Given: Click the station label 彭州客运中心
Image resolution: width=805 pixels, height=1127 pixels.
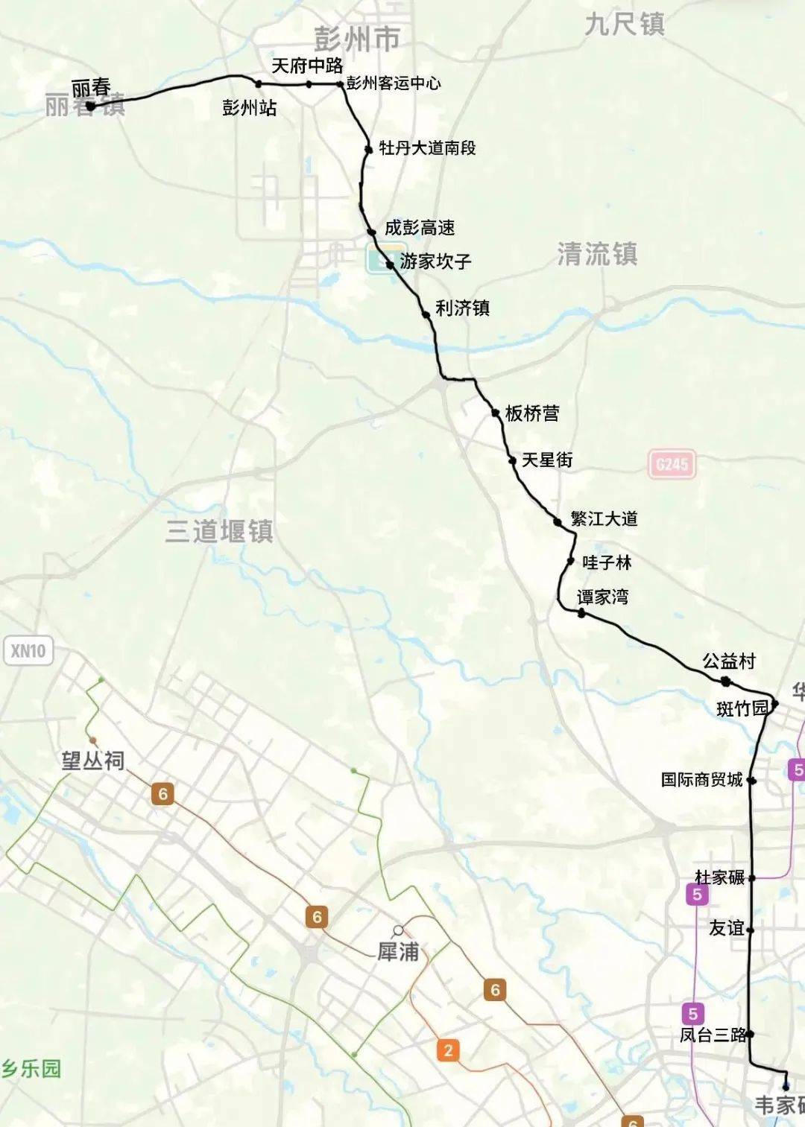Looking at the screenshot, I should pyautogui.click(x=394, y=83).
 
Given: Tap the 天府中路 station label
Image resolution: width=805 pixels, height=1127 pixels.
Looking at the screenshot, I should pyautogui.click(x=307, y=66).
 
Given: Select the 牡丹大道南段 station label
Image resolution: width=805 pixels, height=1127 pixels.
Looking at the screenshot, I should pyautogui.click(x=427, y=148).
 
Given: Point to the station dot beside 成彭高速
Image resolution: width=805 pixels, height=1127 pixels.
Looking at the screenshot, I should pyautogui.click(x=371, y=232).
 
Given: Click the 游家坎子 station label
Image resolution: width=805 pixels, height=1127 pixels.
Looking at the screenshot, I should pyautogui.click(x=435, y=261).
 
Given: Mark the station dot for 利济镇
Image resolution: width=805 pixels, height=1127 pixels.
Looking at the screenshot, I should pyautogui.click(x=426, y=314).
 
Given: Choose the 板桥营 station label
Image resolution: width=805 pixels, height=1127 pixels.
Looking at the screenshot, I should pyautogui.click(x=532, y=413).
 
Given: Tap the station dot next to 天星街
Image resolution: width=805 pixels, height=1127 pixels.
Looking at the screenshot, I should pyautogui.click(x=512, y=461).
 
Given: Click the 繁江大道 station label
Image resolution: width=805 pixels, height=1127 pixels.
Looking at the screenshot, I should pyautogui.click(x=604, y=519).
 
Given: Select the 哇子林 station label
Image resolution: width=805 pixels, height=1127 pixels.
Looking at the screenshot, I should pyautogui.click(x=607, y=562).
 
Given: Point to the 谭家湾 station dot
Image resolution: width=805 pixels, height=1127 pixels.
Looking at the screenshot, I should pyautogui.click(x=581, y=612).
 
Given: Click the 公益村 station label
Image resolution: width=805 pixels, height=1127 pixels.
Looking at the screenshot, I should pyautogui.click(x=728, y=661).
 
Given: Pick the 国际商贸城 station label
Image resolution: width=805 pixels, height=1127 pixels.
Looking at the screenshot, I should pyautogui.click(x=701, y=780).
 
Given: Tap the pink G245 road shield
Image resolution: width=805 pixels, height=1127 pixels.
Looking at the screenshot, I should pyautogui.click(x=672, y=465).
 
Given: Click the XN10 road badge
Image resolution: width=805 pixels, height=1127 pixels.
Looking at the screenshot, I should pyautogui.click(x=28, y=651).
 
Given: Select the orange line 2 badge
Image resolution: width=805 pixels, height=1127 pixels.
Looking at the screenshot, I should pyautogui.click(x=448, y=1050).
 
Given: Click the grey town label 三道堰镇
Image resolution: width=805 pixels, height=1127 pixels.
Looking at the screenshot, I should pyautogui.click(x=219, y=531).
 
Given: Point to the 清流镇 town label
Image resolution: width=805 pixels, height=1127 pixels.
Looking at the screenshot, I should pyautogui.click(x=597, y=255).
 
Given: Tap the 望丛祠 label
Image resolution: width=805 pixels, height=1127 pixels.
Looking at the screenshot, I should pyautogui.click(x=92, y=761).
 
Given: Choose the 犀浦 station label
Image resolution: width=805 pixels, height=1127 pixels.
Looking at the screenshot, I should pyautogui.click(x=398, y=951).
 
